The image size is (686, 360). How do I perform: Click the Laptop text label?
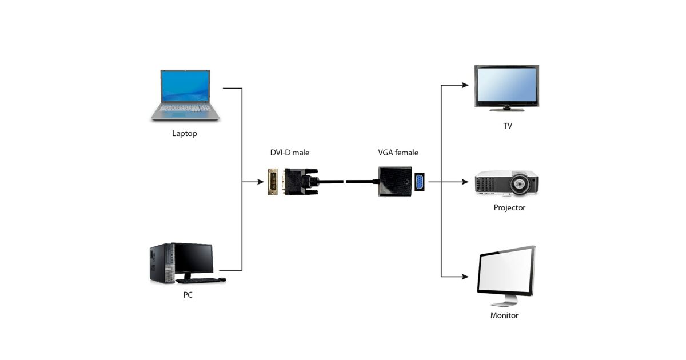point(185,134)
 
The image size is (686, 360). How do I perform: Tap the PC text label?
point(188,295)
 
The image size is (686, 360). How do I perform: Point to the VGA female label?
point(398,153)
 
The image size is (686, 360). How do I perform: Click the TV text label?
point(507,126)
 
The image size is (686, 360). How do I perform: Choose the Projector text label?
point(509,207)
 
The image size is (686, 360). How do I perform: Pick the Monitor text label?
point(504,315)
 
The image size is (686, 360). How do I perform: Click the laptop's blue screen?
point(185,86)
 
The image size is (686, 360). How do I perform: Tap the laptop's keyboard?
point(185,108)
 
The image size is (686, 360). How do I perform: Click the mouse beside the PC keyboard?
point(222,279)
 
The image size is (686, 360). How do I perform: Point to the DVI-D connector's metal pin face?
point(273,182)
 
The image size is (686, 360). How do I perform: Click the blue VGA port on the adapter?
point(420,182)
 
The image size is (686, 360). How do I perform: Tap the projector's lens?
point(519,184)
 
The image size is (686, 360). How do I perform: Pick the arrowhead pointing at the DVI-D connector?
point(261,182)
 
